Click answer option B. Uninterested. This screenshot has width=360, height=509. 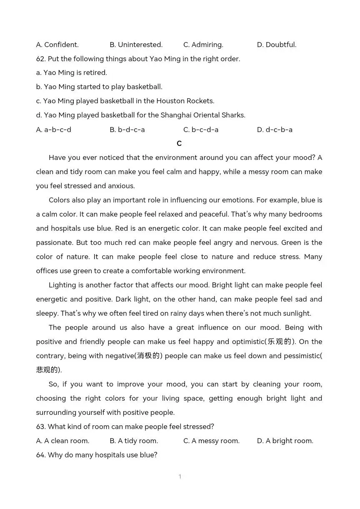pos(136,45)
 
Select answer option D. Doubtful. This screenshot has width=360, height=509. pos(277,45)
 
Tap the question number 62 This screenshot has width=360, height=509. pos(41,59)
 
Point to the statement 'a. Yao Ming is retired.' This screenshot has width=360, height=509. pos(72,72)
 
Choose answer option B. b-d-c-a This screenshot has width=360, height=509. pos(127,130)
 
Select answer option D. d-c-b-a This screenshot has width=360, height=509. pos(275,130)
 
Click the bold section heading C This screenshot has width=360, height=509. pos(179,143)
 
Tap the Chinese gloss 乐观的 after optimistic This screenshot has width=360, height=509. pos(279,342)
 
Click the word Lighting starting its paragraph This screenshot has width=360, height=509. pos(62,285)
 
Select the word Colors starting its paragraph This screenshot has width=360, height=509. pos(60,200)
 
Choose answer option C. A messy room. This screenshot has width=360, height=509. pos(211,441)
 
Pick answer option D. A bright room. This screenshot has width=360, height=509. pos(285,441)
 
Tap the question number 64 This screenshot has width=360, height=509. pos(41,455)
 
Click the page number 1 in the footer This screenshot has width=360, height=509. pos(180,477)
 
